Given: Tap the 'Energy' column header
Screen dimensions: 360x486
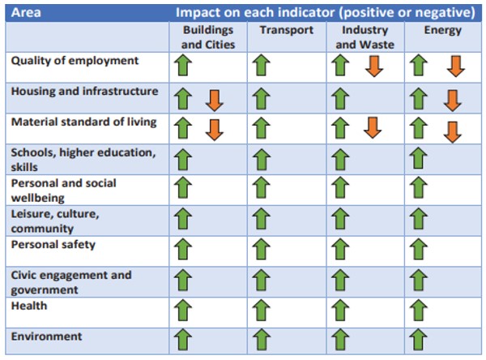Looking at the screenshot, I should click(443, 31).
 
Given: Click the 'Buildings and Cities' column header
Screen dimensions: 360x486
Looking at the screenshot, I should click(207, 37).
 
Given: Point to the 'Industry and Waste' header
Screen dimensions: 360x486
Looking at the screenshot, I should click(364, 37).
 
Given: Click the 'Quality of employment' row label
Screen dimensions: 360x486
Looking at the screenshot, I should click(75, 61).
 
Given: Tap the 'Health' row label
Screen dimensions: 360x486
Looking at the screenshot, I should click(29, 306).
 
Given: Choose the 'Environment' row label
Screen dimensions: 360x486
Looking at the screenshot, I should click(46, 336).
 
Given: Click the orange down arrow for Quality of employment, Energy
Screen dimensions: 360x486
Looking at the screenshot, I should click(456, 66).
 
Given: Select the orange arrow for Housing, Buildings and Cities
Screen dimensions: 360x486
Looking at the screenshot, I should click(214, 99).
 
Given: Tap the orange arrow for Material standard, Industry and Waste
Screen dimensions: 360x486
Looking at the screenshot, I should click(373, 128).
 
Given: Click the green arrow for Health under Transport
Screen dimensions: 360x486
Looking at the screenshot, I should click(262, 310).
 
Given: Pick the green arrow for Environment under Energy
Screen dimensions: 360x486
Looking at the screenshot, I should click(419, 340).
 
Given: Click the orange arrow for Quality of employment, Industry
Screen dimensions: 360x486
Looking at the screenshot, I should click(373, 66).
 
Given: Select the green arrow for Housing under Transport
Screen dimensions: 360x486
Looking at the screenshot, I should click(262, 99).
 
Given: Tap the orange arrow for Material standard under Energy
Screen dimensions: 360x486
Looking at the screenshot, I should click(452, 130).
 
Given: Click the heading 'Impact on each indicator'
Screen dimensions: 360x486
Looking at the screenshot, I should click(325, 13).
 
